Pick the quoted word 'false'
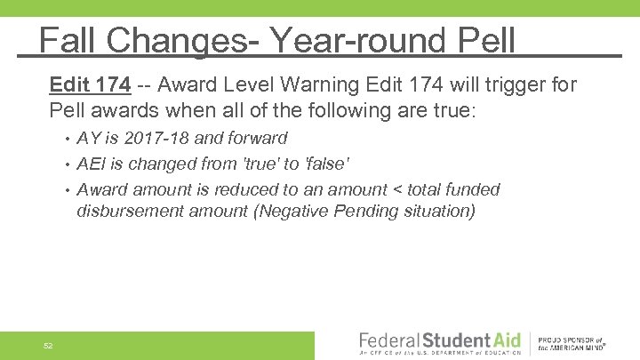point(327,164)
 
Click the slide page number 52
point(49,345)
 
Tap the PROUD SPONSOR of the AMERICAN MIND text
point(572,343)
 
